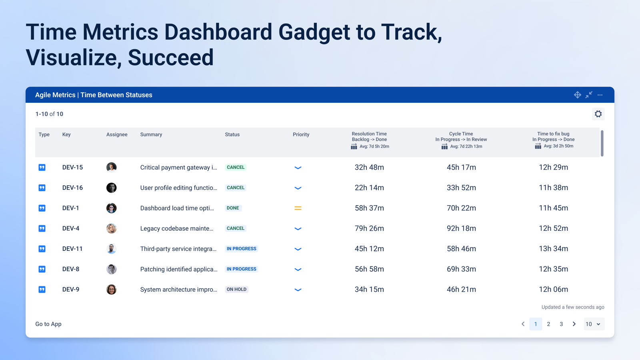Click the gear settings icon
click(x=598, y=114)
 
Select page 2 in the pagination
click(x=548, y=324)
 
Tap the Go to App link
click(x=48, y=324)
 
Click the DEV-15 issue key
click(x=72, y=168)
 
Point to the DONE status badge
click(x=233, y=208)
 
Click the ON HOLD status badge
click(x=236, y=290)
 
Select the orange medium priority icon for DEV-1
click(x=298, y=208)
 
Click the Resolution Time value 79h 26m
click(x=369, y=228)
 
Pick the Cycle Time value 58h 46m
click(x=461, y=248)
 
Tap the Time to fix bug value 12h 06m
click(x=553, y=290)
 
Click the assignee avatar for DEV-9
click(x=112, y=290)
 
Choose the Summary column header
click(x=151, y=134)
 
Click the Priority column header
click(x=301, y=134)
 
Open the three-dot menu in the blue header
click(x=600, y=95)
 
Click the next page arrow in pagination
click(x=574, y=324)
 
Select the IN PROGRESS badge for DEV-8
click(x=242, y=269)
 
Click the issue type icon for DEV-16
click(x=42, y=188)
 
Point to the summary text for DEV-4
click(x=176, y=228)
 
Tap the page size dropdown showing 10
click(x=594, y=324)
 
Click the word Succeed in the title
click(x=170, y=58)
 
